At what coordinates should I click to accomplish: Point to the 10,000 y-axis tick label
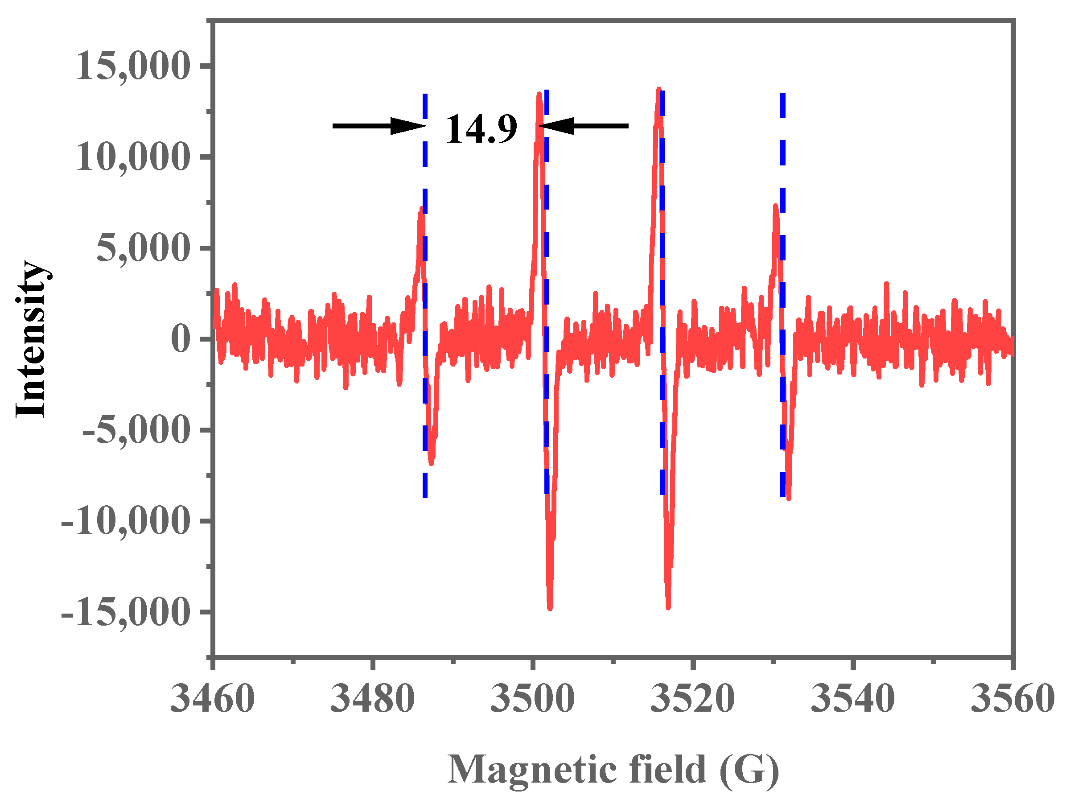tap(132, 157)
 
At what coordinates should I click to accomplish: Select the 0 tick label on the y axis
tap(181, 339)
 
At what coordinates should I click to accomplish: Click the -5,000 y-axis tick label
tap(136, 430)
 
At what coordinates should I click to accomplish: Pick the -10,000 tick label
tap(125, 521)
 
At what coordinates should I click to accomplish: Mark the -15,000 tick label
tap(125, 612)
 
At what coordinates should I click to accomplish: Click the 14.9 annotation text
tap(481, 129)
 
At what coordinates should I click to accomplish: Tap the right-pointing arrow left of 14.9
tap(379, 126)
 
